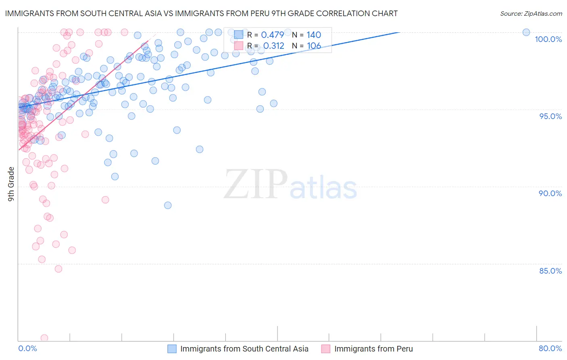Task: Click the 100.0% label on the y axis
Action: pyautogui.click(x=548, y=39)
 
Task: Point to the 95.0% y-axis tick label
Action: pyautogui.click(x=550, y=116)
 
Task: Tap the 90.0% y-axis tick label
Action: pyautogui.click(x=550, y=193)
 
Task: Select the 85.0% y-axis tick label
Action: pyautogui.click(x=550, y=271)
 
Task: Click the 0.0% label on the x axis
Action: pyautogui.click(x=27, y=348)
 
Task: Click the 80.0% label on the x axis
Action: pyautogui.click(x=550, y=348)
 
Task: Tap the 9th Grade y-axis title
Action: pyautogui.click(x=11, y=184)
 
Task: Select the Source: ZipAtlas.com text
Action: pyautogui.click(x=531, y=14)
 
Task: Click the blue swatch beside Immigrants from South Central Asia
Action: pyautogui.click(x=172, y=349)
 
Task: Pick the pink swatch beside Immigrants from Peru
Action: pyautogui.click(x=326, y=349)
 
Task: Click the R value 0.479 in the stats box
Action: pyautogui.click(x=273, y=35)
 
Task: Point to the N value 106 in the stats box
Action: pyautogui.click(x=314, y=46)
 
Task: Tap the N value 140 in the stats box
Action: pyautogui.click(x=314, y=35)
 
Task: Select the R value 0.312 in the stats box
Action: pyautogui.click(x=274, y=46)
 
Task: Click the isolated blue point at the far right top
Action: pyautogui.click(x=526, y=32)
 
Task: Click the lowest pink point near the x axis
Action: pyautogui.click(x=44, y=338)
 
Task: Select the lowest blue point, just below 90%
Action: pyautogui.click(x=168, y=205)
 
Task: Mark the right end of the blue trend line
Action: pyautogui.click(x=399, y=32)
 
